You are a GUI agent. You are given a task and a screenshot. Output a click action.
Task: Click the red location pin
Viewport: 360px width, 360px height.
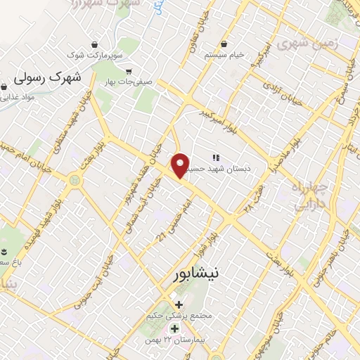181,165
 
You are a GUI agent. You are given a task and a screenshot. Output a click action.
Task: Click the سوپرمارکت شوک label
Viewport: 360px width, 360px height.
96,53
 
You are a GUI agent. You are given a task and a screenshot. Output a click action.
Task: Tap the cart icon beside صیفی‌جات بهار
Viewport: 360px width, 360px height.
129,71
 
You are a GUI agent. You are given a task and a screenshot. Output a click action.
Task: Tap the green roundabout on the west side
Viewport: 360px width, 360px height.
74,181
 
